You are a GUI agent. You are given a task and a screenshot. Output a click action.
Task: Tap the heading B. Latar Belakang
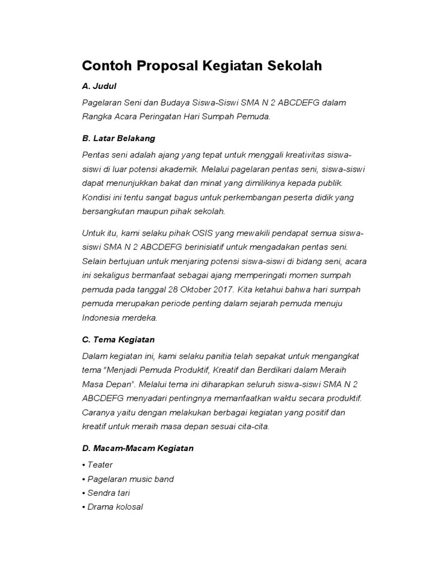118,138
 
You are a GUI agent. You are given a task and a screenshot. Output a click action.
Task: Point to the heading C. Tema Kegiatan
118,340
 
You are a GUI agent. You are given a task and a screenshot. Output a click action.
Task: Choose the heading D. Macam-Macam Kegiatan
137,448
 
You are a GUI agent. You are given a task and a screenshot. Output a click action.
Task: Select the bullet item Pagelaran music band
128,479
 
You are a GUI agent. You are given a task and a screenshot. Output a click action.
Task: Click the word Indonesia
101,317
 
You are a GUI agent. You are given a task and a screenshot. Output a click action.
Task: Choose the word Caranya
99,412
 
